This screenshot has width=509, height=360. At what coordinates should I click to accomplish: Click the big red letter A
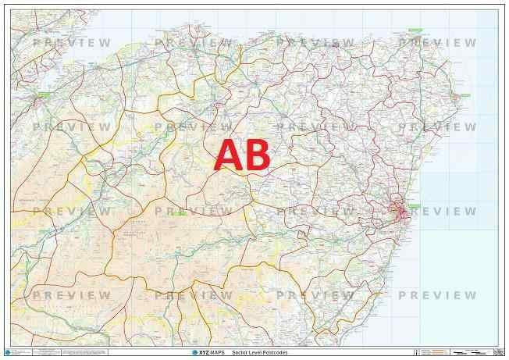click(x=228, y=155)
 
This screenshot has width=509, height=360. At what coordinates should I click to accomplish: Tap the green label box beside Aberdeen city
click(x=414, y=205)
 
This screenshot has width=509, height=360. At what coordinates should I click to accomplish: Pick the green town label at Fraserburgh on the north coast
click(x=415, y=30)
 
